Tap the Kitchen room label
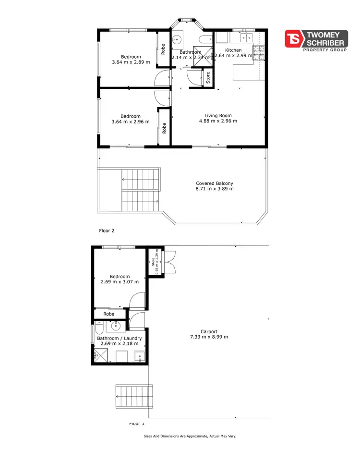(x=234, y=50)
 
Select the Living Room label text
(x=218, y=115)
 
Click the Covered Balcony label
(x=215, y=183)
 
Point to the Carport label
(x=209, y=331)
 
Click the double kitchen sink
(x=246, y=36)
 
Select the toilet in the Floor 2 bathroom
(x=204, y=39)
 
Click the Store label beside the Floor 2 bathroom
(x=208, y=78)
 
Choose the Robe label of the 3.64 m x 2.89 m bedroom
(x=163, y=49)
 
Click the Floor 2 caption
(x=107, y=231)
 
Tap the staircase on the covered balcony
(x=140, y=191)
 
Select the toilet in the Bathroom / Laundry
(x=98, y=328)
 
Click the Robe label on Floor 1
(x=108, y=314)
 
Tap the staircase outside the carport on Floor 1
(x=134, y=396)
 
